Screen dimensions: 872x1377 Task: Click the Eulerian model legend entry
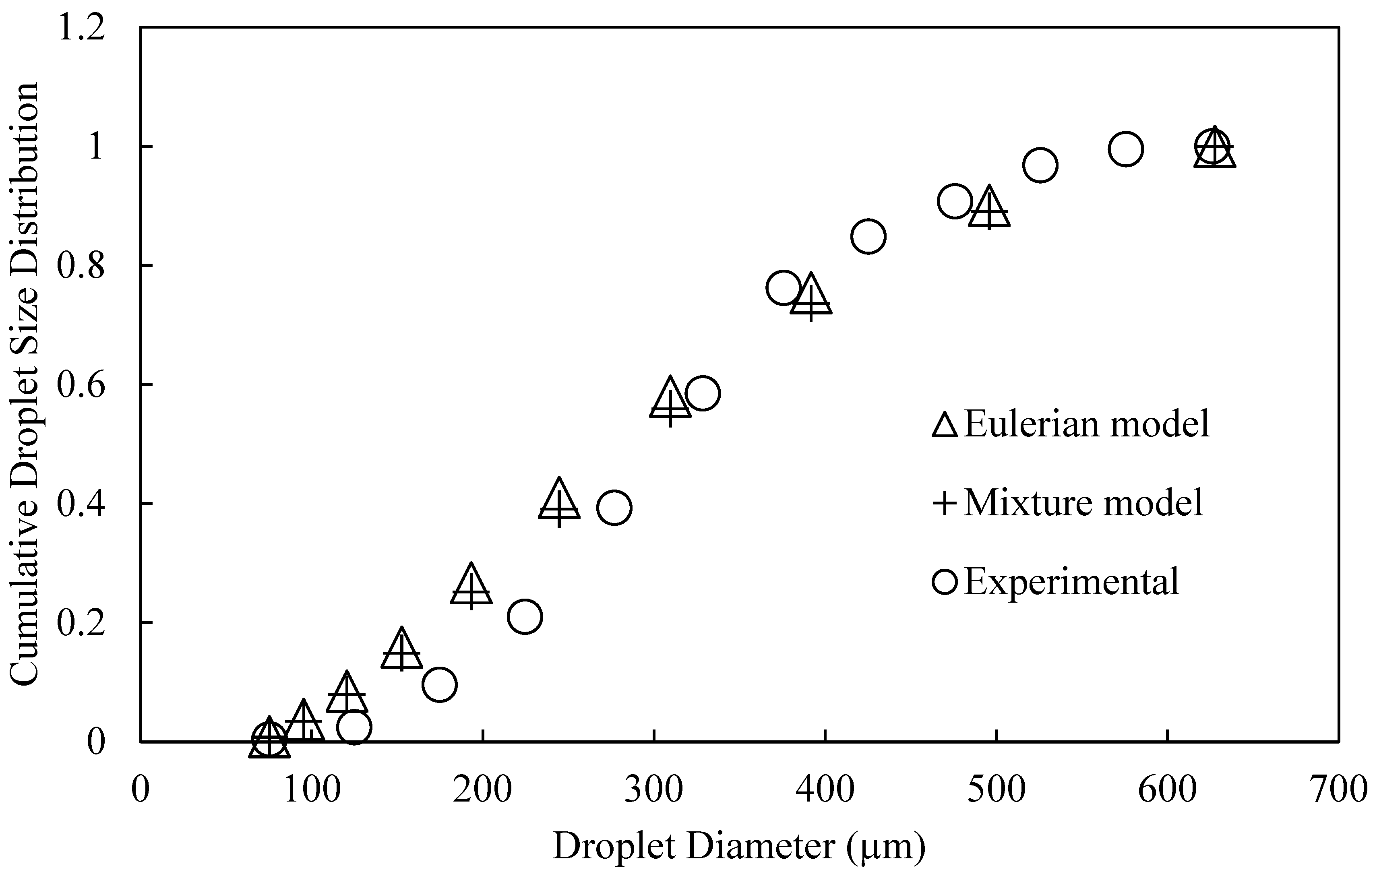[x=1071, y=424]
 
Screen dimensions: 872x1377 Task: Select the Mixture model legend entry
[x=1067, y=502]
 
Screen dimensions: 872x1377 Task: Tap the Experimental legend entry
[x=1056, y=581]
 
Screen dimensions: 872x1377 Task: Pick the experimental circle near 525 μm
[x=1040, y=165]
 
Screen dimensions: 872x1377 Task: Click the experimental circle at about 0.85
[x=868, y=236]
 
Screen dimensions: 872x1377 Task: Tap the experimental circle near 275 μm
[x=614, y=507]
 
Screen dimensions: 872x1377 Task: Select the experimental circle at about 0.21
[x=524, y=616]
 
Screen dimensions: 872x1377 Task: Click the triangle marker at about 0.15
[x=401, y=651]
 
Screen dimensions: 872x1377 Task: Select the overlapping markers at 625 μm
[x=1212, y=147]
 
